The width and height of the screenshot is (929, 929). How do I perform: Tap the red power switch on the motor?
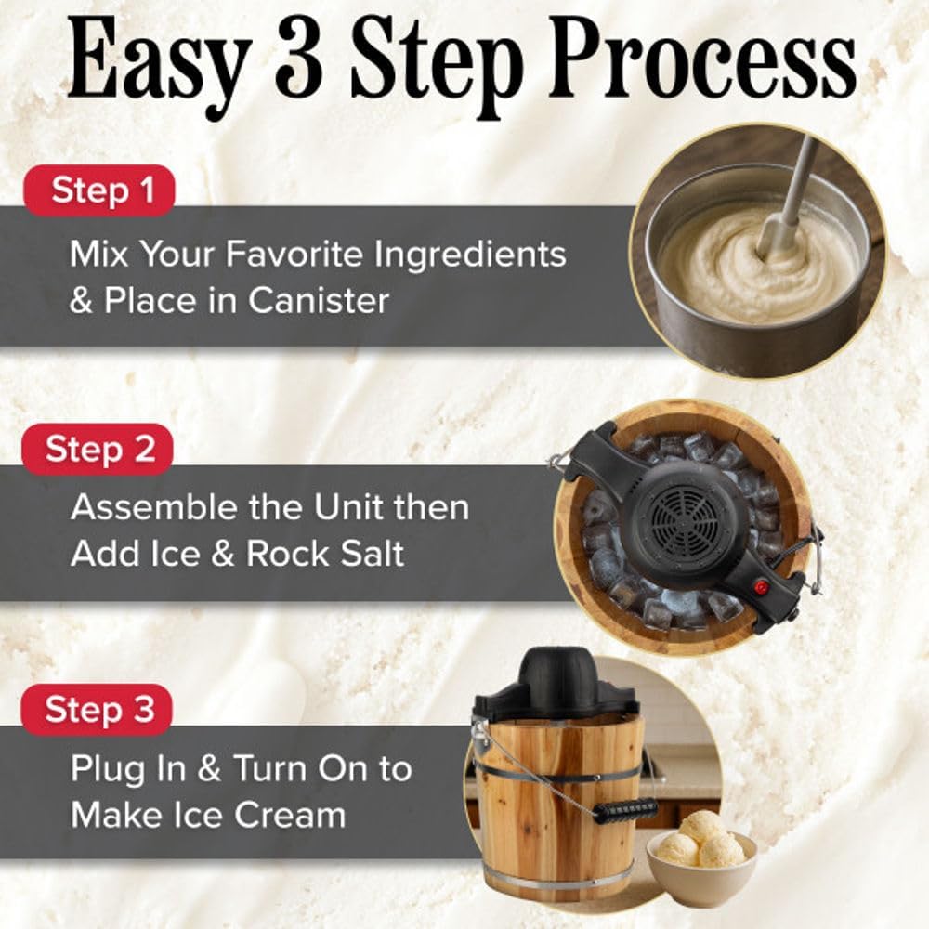click(761, 586)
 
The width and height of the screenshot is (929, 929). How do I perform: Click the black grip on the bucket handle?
click(624, 810)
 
